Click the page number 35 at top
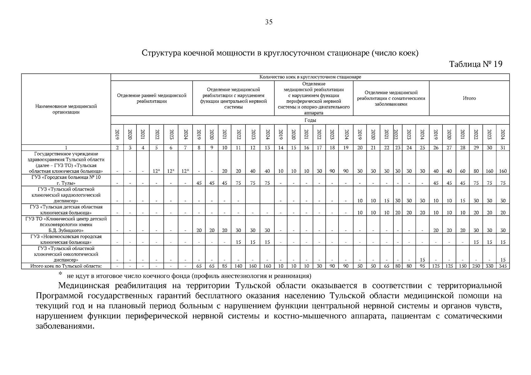(269, 22)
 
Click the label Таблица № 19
(476, 64)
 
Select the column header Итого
(469, 98)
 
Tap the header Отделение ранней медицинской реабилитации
(152, 98)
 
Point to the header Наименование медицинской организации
(66, 109)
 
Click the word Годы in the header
(310, 120)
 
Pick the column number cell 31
(503, 148)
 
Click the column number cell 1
(66, 148)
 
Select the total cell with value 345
(503, 266)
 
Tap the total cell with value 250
(476, 266)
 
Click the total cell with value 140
(238, 266)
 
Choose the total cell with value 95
(422, 266)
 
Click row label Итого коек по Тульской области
(66, 266)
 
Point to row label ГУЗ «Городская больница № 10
(66, 177)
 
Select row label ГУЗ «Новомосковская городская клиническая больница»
(66, 239)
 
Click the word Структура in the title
(159, 53)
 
